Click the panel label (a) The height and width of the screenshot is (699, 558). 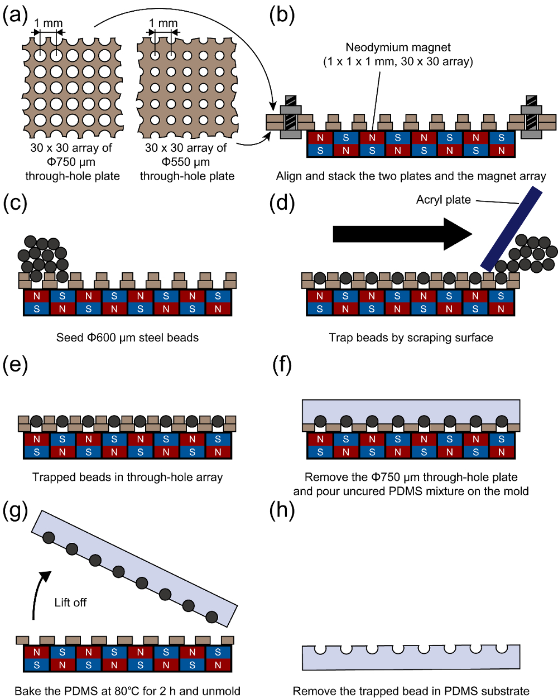15,16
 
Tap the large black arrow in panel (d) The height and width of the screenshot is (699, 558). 402,234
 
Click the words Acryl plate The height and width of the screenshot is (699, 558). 443,200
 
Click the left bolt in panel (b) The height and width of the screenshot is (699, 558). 291,117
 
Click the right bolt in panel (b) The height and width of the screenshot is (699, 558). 531,117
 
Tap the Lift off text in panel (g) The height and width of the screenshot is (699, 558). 70,602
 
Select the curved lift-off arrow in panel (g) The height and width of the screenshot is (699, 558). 39,594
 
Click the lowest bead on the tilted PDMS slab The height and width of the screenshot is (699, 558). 211,616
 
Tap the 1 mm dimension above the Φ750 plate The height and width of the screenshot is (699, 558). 49,23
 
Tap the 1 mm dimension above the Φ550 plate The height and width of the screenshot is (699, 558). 163,23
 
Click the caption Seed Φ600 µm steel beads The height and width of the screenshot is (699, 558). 127,338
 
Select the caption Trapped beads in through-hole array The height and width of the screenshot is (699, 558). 127,477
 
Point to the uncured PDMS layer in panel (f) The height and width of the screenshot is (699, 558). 411,410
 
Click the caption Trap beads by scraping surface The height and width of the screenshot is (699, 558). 411,338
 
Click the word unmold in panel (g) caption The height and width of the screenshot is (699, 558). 222,691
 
